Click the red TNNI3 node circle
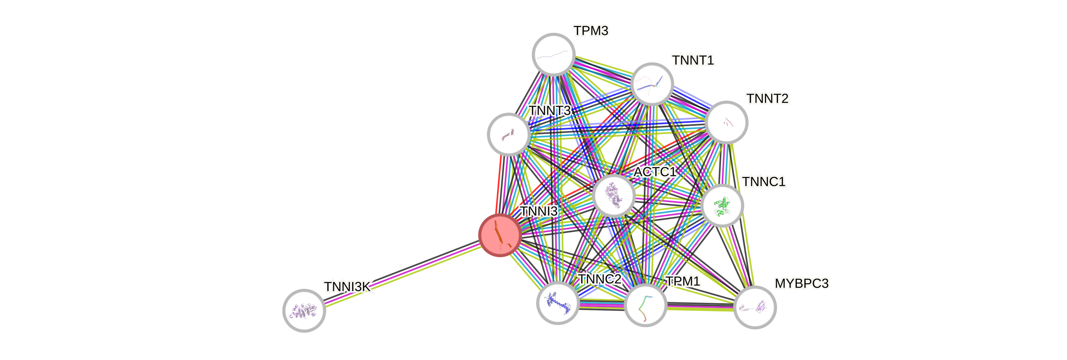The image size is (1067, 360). tap(500, 235)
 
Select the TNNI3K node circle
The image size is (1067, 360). tap(304, 310)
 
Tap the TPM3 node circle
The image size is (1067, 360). tap(554, 54)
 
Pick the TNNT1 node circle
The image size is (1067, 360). tap(652, 84)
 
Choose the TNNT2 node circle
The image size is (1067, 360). tap(726, 122)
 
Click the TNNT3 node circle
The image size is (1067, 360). tap(509, 134)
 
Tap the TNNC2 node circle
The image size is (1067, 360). tap(557, 303)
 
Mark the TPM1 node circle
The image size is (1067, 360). tap(645, 305)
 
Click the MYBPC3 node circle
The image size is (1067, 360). tap(755, 307)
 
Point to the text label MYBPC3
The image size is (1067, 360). tap(801, 284)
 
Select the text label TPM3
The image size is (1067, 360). tap(591, 31)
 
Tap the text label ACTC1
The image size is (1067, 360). tap(655, 171)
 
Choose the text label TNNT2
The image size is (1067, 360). tap(768, 99)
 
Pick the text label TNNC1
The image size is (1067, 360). tap(764, 181)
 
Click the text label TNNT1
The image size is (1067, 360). tap(693, 60)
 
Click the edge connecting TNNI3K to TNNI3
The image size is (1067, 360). tap(402, 273)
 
